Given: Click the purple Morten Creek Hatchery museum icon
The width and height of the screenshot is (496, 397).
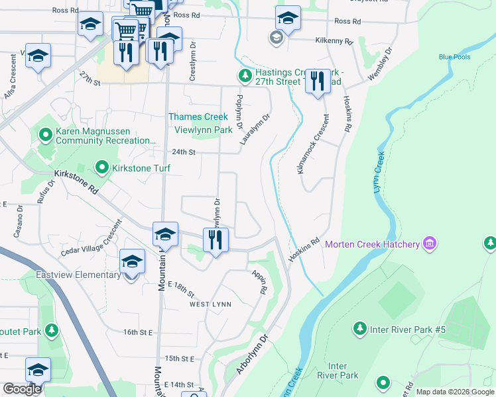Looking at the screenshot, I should pyautogui.click(x=430, y=244).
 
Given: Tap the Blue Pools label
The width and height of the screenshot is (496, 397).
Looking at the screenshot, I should pyautogui.click(x=454, y=57).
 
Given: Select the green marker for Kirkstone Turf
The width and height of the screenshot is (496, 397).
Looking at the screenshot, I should pyautogui.click(x=101, y=168).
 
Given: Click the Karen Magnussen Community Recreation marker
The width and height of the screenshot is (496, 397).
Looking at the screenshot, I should pyautogui.click(x=46, y=136).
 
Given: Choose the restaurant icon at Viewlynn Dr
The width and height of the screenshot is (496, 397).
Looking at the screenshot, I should pyautogui.click(x=215, y=240).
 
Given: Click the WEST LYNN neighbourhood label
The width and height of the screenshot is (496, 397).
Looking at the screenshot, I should pyautogui.click(x=210, y=304).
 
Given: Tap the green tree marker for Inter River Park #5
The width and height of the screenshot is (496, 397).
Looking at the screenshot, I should pyautogui.click(x=359, y=329).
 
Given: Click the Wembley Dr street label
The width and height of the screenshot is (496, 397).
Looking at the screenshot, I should pyautogui.click(x=381, y=64).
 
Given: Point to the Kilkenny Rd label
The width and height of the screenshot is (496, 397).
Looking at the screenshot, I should pyautogui.click(x=335, y=40).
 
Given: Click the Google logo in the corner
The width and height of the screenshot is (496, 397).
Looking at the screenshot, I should pyautogui.click(x=22, y=389).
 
